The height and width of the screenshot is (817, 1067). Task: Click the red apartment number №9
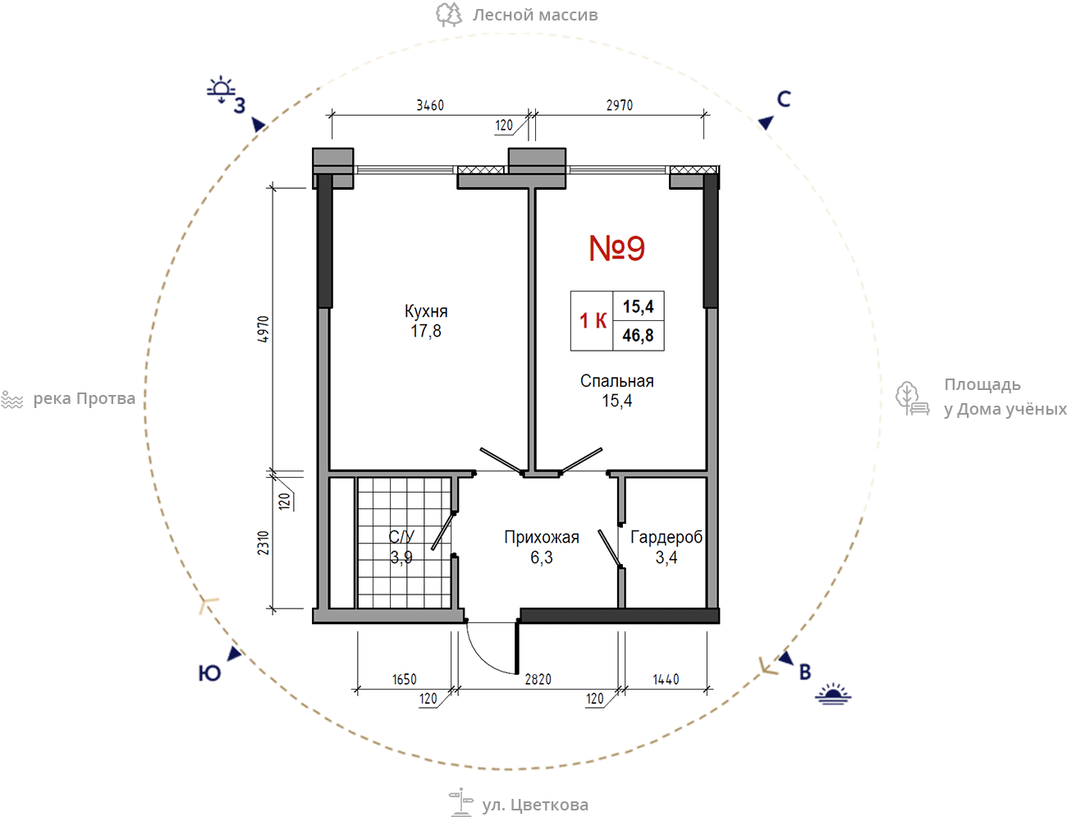point(617,248)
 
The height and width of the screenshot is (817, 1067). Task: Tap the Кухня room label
point(426,311)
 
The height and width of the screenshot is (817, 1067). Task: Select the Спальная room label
point(617,381)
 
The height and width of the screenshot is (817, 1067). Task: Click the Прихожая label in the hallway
point(542,537)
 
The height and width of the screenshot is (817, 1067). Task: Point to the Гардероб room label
point(666,537)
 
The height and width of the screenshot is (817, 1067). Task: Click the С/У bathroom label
point(401,536)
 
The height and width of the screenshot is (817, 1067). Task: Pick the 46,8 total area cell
point(638,335)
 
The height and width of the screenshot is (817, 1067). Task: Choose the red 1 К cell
point(593,321)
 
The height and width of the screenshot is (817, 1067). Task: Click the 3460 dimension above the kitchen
point(430,105)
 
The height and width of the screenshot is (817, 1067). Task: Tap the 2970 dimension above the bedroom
point(620,105)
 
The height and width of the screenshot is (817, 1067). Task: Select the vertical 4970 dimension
point(263,329)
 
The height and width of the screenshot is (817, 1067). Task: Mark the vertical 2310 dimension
point(263,543)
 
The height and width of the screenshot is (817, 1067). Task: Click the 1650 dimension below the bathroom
point(405,679)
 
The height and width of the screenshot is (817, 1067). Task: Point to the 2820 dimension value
point(538,679)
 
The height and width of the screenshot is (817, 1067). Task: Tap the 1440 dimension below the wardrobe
point(666,679)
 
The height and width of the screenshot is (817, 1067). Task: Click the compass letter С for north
point(784,99)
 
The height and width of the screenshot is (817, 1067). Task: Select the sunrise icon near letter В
point(833,694)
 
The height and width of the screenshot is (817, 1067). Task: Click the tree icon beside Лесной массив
point(449,15)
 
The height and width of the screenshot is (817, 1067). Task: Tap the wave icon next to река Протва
point(12,400)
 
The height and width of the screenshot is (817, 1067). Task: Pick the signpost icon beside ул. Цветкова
point(461,802)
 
